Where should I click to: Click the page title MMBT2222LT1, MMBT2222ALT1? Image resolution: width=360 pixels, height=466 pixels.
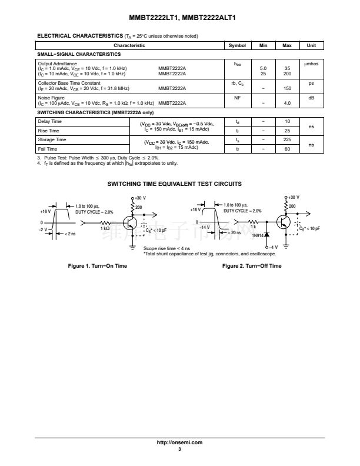(x=180, y=18)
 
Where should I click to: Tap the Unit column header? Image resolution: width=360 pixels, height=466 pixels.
(x=311, y=45)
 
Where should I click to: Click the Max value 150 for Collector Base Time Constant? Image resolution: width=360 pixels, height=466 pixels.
(x=287, y=88)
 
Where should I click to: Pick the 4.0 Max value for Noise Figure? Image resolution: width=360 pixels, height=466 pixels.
(x=287, y=103)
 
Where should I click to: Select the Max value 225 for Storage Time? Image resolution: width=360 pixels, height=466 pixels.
(x=287, y=139)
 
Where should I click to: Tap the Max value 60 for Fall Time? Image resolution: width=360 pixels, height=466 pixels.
(x=287, y=149)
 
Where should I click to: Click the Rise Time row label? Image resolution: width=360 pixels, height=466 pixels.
(x=48, y=131)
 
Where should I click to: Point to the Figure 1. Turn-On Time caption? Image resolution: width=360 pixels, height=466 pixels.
(x=98, y=266)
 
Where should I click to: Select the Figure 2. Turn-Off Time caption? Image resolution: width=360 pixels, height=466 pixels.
(x=252, y=266)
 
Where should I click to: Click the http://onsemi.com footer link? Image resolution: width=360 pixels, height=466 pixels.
(x=180, y=442)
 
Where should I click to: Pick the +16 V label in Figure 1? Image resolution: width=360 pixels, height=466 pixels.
(x=45, y=211)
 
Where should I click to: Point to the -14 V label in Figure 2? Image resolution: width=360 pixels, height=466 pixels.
(x=204, y=227)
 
